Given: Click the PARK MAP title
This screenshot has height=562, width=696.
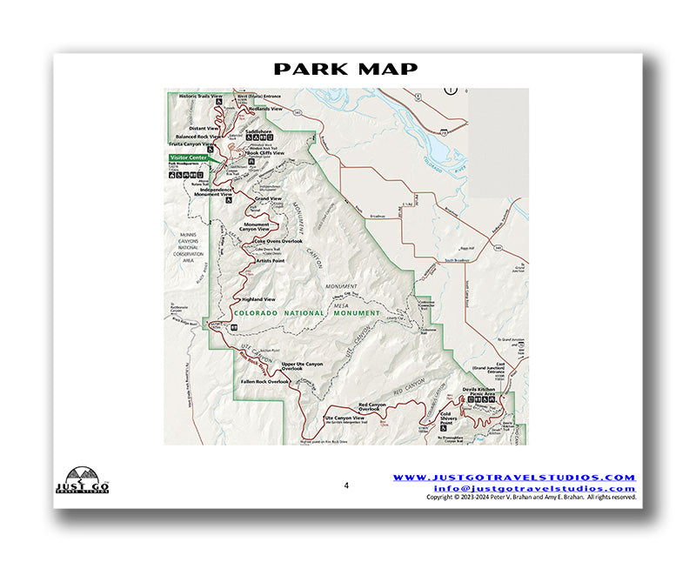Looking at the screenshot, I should point(346,69).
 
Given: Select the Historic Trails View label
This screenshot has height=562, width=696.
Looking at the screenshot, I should point(201,95).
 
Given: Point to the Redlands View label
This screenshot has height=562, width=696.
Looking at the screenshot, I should point(264,108).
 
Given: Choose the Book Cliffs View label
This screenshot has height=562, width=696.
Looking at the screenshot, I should point(265,152).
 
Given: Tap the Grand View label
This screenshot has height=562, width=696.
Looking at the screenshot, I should point(268,198).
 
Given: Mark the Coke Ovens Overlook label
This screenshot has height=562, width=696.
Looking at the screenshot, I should point(278,240).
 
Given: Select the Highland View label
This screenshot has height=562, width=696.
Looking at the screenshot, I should point(258,299).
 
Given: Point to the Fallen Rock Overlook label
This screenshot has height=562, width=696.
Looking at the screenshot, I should point(264,381).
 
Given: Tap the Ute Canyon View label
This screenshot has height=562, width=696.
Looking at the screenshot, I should point(343,418).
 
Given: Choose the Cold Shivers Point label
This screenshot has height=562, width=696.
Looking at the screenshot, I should point(450,418).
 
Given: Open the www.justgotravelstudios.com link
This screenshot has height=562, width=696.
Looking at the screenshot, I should point(514,478).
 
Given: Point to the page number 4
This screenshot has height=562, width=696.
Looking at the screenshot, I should point(345,485).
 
